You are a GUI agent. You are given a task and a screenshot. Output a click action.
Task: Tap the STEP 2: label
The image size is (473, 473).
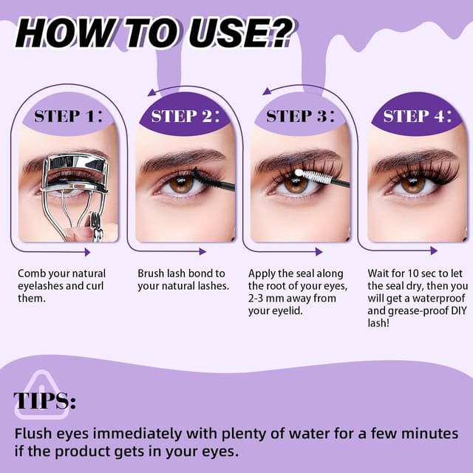tap(186, 116)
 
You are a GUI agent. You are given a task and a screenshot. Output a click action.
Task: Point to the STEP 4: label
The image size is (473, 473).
tap(418, 116)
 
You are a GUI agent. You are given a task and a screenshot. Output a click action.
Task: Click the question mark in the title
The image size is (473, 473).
tap(277, 33)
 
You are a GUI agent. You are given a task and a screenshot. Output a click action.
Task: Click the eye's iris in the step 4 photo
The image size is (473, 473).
tap(412, 184)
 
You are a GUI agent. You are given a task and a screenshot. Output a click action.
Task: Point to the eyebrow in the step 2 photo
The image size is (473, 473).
tap(182, 157)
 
